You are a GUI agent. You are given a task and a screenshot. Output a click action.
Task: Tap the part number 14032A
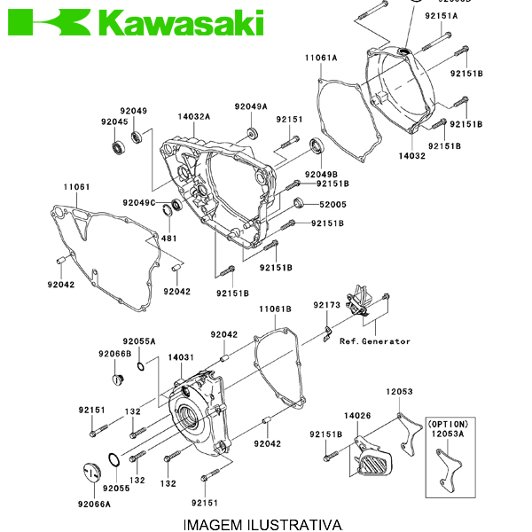coord(193,116)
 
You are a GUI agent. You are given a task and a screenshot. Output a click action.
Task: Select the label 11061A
coord(322,58)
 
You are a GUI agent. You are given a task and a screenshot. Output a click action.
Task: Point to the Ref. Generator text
coord(375,341)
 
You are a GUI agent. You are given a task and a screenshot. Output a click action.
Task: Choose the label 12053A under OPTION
coord(448,434)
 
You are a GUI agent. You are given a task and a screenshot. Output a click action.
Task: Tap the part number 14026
coord(357,415)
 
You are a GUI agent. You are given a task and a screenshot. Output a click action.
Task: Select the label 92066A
coord(94,504)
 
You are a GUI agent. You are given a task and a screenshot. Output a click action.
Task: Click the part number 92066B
coord(114,353)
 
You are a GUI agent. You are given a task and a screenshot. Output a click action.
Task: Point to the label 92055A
coord(139,340)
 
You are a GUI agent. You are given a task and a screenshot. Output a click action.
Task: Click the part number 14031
coord(181,357)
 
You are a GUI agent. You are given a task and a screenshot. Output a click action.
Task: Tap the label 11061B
coord(275,309)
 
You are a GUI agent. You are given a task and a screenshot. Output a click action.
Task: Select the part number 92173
coord(326,305)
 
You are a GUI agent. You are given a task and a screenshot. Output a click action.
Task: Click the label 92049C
coord(139,203)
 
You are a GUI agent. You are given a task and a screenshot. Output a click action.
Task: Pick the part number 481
coord(168,239)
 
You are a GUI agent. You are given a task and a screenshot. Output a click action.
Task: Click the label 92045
coord(114,121)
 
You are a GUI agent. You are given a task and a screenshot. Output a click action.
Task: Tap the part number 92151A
coord(442,16)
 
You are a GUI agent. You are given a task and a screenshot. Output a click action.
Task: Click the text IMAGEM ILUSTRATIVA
coord(262,525)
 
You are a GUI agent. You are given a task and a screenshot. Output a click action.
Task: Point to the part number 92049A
coord(251,106)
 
